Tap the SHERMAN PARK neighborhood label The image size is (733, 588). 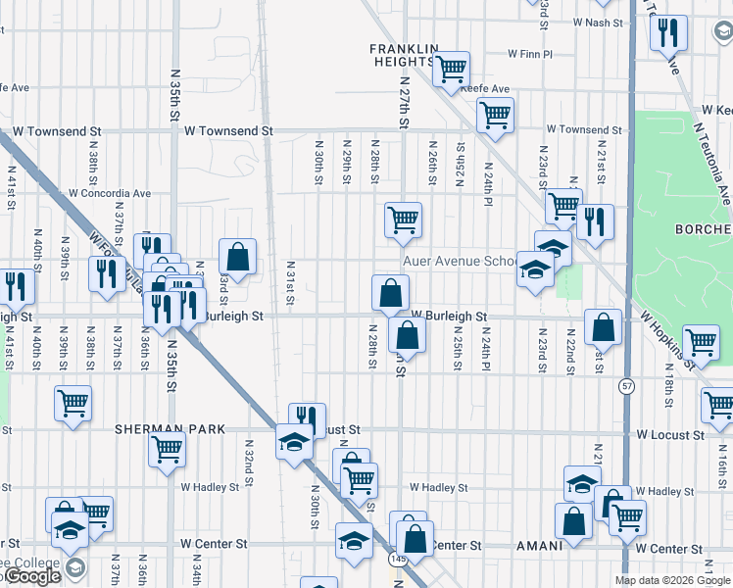pyautogui.click(x=170, y=429)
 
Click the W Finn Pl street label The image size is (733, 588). pyautogui.click(x=530, y=55)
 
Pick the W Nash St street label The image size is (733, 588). pyautogui.click(x=598, y=22)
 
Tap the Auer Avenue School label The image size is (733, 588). pyautogui.click(x=460, y=262)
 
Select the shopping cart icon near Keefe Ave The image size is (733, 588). pyautogui.click(x=451, y=70)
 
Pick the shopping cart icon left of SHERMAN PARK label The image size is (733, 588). pyautogui.click(x=73, y=403)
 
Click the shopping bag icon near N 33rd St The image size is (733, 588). pyautogui.click(x=237, y=257)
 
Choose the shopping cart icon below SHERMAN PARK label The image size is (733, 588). pyautogui.click(x=168, y=449)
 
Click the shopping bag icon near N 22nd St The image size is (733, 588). pyautogui.click(x=603, y=326)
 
